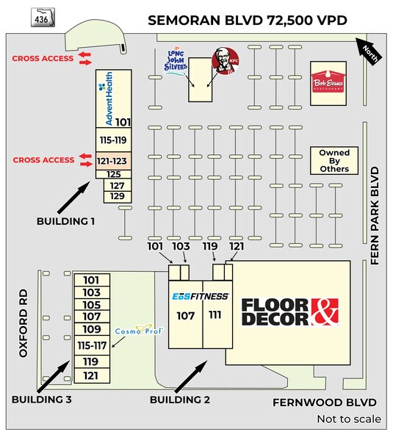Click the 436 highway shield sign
pyautogui.click(x=43, y=18)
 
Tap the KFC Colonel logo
pyautogui.click(x=226, y=61)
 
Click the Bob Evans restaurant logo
pyautogui.click(x=328, y=82)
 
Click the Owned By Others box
pyautogui.click(x=334, y=161)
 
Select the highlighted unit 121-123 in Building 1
pyautogui.click(x=113, y=161)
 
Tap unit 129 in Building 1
pyautogui.click(x=118, y=197)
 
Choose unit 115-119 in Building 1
pyautogui.click(x=113, y=140)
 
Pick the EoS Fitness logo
pyautogui.click(x=201, y=297)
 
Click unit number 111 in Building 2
pyautogui.click(x=215, y=314)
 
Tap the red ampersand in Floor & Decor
pyautogui.click(x=325, y=312)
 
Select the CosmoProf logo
pyautogui.click(x=139, y=330)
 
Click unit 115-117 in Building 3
pyautogui.click(x=92, y=345)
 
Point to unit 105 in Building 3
pyautogui.click(x=92, y=305)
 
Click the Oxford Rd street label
pyautogui.click(x=24, y=323)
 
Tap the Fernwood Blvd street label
pyautogui.click(x=325, y=403)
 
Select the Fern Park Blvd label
pyautogui.click(x=375, y=216)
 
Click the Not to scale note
pyautogui.click(x=349, y=419)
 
